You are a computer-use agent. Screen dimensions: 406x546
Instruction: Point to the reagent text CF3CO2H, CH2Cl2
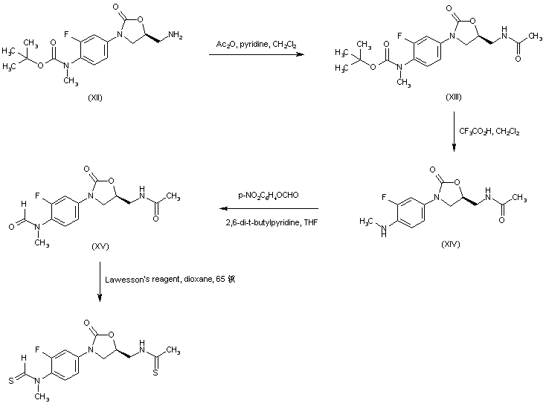(489, 132)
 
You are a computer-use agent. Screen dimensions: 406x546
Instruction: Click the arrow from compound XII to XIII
(256, 54)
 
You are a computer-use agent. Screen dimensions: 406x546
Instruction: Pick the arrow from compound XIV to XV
(271, 209)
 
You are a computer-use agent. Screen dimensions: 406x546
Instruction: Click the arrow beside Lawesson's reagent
(100, 280)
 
